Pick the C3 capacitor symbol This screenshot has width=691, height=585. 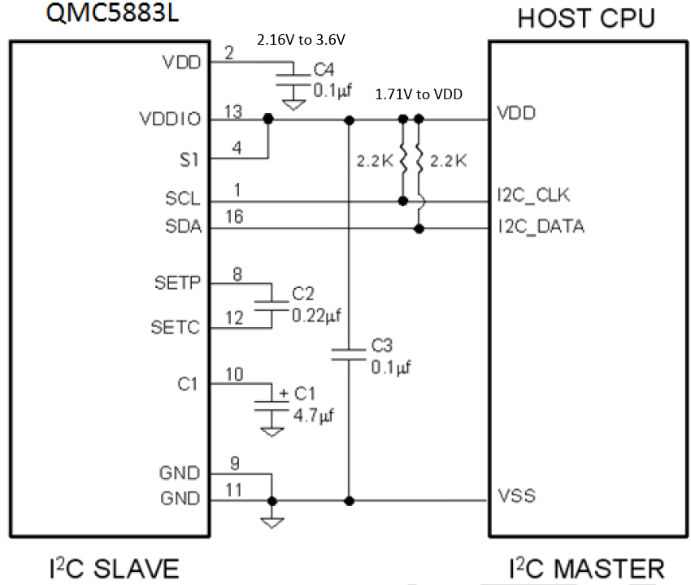click(x=350, y=353)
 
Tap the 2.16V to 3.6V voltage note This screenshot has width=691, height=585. click(x=306, y=39)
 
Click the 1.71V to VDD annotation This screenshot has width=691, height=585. click(x=418, y=94)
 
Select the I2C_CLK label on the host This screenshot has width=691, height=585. click(x=533, y=195)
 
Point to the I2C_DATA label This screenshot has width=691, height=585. click(x=540, y=226)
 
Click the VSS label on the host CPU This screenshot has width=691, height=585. click(x=516, y=495)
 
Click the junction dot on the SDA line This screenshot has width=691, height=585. click(x=419, y=229)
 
